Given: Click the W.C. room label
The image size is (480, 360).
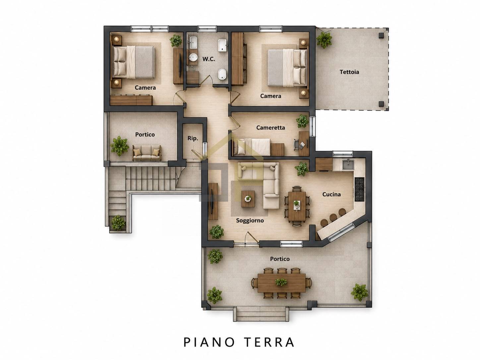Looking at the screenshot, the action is pyautogui.click(x=209, y=59).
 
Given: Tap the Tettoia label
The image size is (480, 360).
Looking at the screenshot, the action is pyautogui.click(x=349, y=72).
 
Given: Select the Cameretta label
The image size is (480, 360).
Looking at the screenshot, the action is pyautogui.click(x=270, y=128).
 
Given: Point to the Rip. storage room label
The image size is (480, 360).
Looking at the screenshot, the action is pyautogui.click(x=193, y=138).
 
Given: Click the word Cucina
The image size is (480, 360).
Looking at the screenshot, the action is pyautogui.click(x=331, y=194).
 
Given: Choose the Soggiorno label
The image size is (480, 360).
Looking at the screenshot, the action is pyautogui.click(x=250, y=220).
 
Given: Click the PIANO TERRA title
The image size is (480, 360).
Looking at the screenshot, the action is pyautogui.click(x=239, y=342).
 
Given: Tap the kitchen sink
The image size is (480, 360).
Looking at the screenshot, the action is pyautogui.click(x=348, y=164).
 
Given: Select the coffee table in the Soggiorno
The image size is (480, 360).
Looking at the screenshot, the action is pyautogui.click(x=248, y=199).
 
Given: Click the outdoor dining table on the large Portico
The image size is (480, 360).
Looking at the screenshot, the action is pyautogui.click(x=282, y=283).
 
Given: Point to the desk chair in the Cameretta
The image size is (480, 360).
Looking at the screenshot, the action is pyautogui.click(x=296, y=145).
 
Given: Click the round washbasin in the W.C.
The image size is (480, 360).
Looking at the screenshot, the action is pyautogui.click(x=193, y=58).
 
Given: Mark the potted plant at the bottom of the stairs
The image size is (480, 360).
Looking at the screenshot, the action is pyautogui.click(x=118, y=223).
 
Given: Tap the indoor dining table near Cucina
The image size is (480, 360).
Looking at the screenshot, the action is pyautogui.click(x=297, y=206).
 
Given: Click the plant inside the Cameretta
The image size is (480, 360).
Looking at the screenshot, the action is pyautogui.click(x=302, y=121).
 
